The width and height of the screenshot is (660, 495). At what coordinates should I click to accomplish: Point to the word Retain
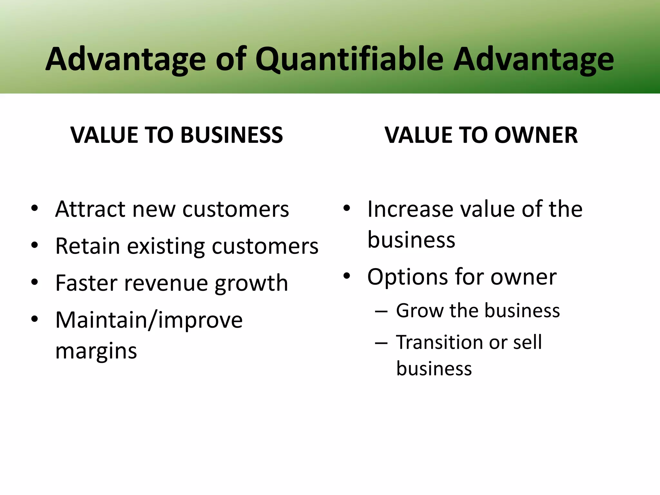pos(88,246)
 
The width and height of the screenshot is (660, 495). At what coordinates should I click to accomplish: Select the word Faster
pos(86,283)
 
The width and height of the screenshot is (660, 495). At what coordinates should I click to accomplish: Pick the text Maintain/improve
pos(149,321)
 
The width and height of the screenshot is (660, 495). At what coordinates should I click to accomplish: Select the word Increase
pos(411,209)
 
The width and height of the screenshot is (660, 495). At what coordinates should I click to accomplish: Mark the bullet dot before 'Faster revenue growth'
pos(35,282)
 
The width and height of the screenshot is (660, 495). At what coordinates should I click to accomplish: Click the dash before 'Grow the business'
pos(381,311)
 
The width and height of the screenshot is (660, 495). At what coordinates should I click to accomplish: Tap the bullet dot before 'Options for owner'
pos(347,276)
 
